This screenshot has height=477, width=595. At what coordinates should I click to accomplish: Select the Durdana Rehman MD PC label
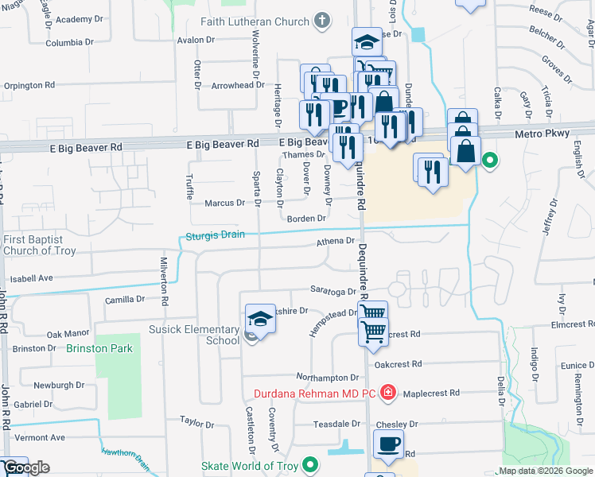(316, 392)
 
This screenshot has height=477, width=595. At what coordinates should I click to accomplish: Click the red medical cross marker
(387, 392)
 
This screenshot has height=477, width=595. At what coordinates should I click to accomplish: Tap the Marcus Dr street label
(224, 204)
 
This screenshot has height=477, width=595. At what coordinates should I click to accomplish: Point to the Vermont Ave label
(39, 437)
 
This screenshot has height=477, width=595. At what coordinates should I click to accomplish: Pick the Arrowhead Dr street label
(237, 85)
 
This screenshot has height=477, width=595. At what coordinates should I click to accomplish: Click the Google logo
(26, 467)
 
